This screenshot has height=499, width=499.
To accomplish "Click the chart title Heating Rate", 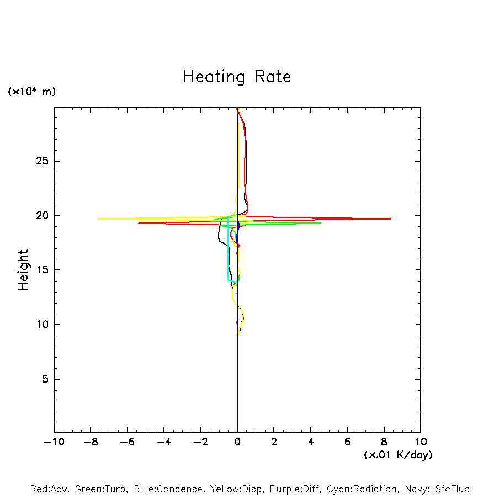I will click(x=237, y=77).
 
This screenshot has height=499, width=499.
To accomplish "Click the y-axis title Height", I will click(x=23, y=270).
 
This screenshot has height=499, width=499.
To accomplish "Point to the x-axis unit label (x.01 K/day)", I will click(x=397, y=455).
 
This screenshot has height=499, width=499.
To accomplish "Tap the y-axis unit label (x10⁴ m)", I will click(x=31, y=92).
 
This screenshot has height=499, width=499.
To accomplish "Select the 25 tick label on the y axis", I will click(x=43, y=161).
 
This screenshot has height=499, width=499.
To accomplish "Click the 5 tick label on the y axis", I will click(x=46, y=379).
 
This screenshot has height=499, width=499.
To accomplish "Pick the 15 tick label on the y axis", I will click(x=43, y=270).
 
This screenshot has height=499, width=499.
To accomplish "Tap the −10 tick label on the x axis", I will click(x=54, y=442).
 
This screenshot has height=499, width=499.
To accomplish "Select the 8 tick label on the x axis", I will click(x=384, y=442).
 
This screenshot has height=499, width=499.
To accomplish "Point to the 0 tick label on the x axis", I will click(x=237, y=442).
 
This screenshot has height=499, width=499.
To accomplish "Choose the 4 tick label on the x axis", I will click(x=311, y=442).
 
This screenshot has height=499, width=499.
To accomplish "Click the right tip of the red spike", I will click(x=390, y=219).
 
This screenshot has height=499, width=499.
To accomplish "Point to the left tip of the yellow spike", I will click(x=98, y=219).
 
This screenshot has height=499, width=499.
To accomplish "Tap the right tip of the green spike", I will click(x=321, y=223).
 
